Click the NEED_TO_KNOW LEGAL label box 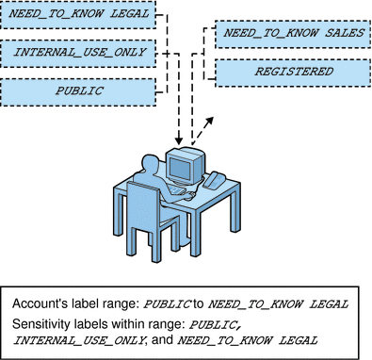pos(78,19)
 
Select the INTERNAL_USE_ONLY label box pos(78,55)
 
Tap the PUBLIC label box pos(78,92)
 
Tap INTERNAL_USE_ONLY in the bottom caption pos(67,339)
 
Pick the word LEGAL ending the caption pos(294,339)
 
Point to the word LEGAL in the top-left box pos(129,19)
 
